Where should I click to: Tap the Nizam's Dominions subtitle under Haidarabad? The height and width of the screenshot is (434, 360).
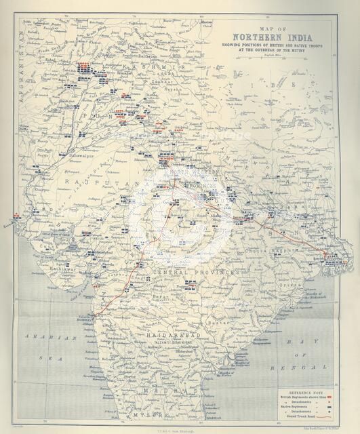[175, 343]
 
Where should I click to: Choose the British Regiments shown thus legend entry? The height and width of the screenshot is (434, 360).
[308, 399]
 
